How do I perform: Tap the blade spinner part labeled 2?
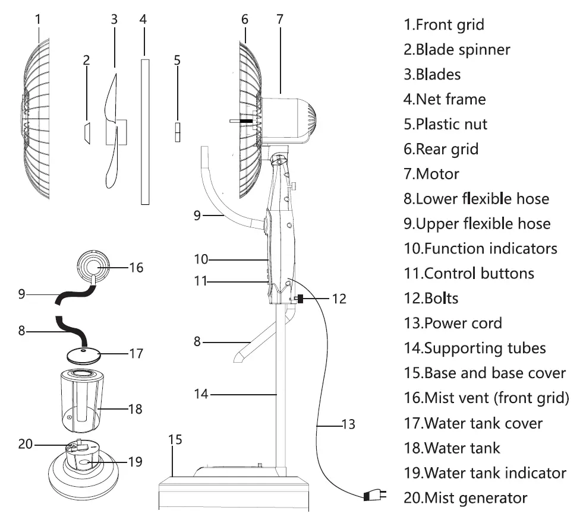point(86,133)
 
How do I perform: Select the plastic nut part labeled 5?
point(177,132)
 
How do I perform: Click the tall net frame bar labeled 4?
point(144,131)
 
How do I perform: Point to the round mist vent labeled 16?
point(93,266)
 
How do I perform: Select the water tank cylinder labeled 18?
point(83,401)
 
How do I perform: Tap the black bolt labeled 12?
point(301,299)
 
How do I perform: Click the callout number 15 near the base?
point(175,440)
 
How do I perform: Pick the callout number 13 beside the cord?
point(348,424)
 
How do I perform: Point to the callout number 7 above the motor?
point(280,19)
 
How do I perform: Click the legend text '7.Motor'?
point(431,174)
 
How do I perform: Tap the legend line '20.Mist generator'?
point(465,497)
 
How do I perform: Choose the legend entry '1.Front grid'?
point(444,25)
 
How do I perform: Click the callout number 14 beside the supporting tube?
point(201,394)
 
